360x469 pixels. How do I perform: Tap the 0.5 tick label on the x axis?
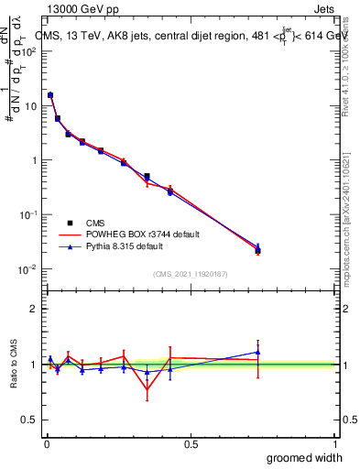pos(191,444)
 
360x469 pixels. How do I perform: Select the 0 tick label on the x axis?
pos(46,444)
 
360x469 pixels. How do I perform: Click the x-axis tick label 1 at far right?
pos(334,444)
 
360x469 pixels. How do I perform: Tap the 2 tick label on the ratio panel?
pos(34,309)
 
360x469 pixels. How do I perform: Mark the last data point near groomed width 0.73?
pos(257,249)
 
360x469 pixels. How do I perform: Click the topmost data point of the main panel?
pos(50,95)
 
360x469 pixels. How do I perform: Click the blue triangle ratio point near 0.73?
pos(257,352)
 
